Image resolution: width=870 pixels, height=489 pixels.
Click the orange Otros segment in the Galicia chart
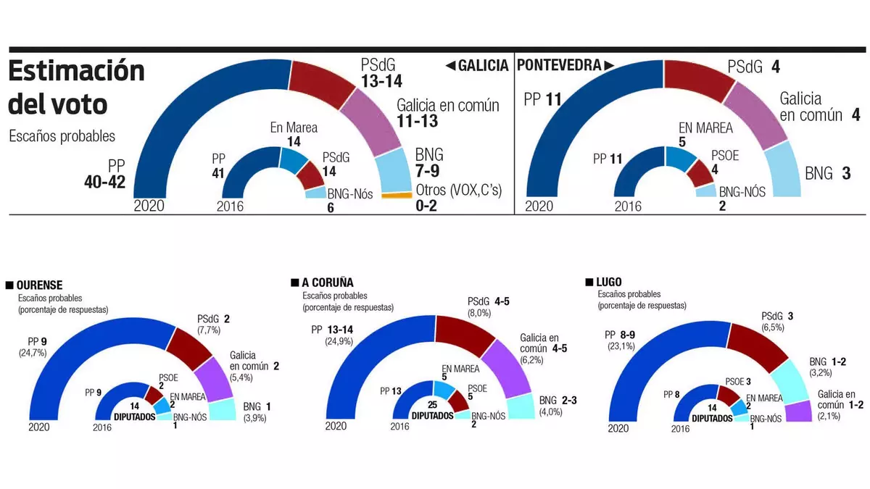(397, 196)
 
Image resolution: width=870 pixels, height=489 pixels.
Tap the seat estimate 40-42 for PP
(105, 180)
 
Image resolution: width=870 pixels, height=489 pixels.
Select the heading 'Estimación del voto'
(76, 88)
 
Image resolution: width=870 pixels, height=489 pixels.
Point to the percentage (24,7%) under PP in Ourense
(33, 353)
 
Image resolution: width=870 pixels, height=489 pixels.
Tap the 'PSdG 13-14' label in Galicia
(381, 73)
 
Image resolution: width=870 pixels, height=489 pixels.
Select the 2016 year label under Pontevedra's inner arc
(628, 206)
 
